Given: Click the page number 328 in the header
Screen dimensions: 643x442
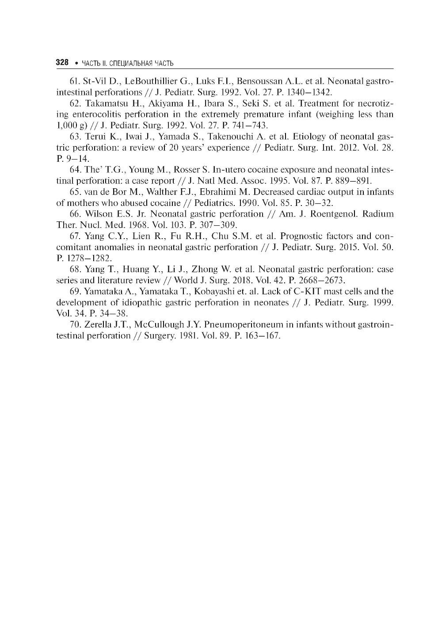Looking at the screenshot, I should click(62, 63).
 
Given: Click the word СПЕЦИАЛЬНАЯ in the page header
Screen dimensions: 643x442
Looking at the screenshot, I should click(130, 63).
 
